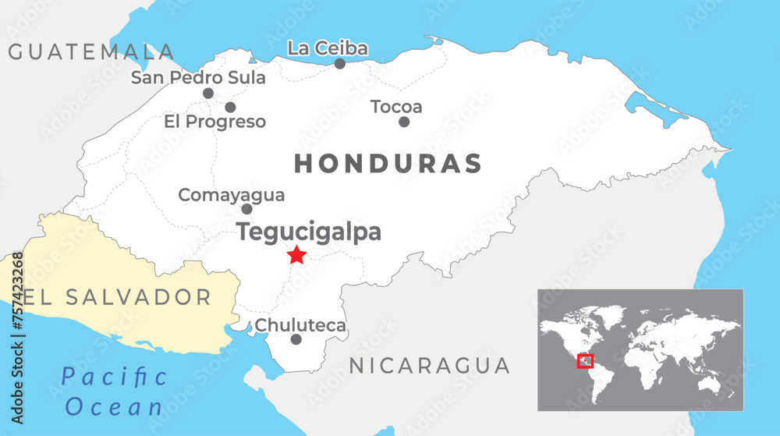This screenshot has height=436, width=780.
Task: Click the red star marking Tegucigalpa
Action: click(296, 255)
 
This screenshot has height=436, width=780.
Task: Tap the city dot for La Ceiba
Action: click(340, 63)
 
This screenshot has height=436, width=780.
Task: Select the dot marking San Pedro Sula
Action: click(208, 93)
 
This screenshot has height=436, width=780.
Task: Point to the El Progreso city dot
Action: click(230, 107)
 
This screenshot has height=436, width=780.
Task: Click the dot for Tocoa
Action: click(404, 122)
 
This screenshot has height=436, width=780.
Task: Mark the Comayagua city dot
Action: click(246, 208)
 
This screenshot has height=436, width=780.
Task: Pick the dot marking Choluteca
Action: click(296, 339)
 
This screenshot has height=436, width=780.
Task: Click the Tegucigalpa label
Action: click(309, 232)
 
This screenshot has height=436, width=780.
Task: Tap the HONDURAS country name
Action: click(388, 164)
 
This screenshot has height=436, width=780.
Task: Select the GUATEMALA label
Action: click(91, 52)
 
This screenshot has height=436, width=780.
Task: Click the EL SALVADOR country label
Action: click(117, 297)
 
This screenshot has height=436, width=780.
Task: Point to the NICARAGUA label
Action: click(429, 365)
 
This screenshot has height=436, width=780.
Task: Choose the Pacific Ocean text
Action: click(115, 392)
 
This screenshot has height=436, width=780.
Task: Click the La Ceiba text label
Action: click(328, 48)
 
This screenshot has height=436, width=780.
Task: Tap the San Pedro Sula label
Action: click(198, 77)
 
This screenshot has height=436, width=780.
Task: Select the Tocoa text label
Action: click(396, 106)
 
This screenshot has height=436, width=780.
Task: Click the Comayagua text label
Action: click(232, 195)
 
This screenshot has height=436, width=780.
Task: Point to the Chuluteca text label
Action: click(300, 325)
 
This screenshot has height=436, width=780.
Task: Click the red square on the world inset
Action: click(585, 361)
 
